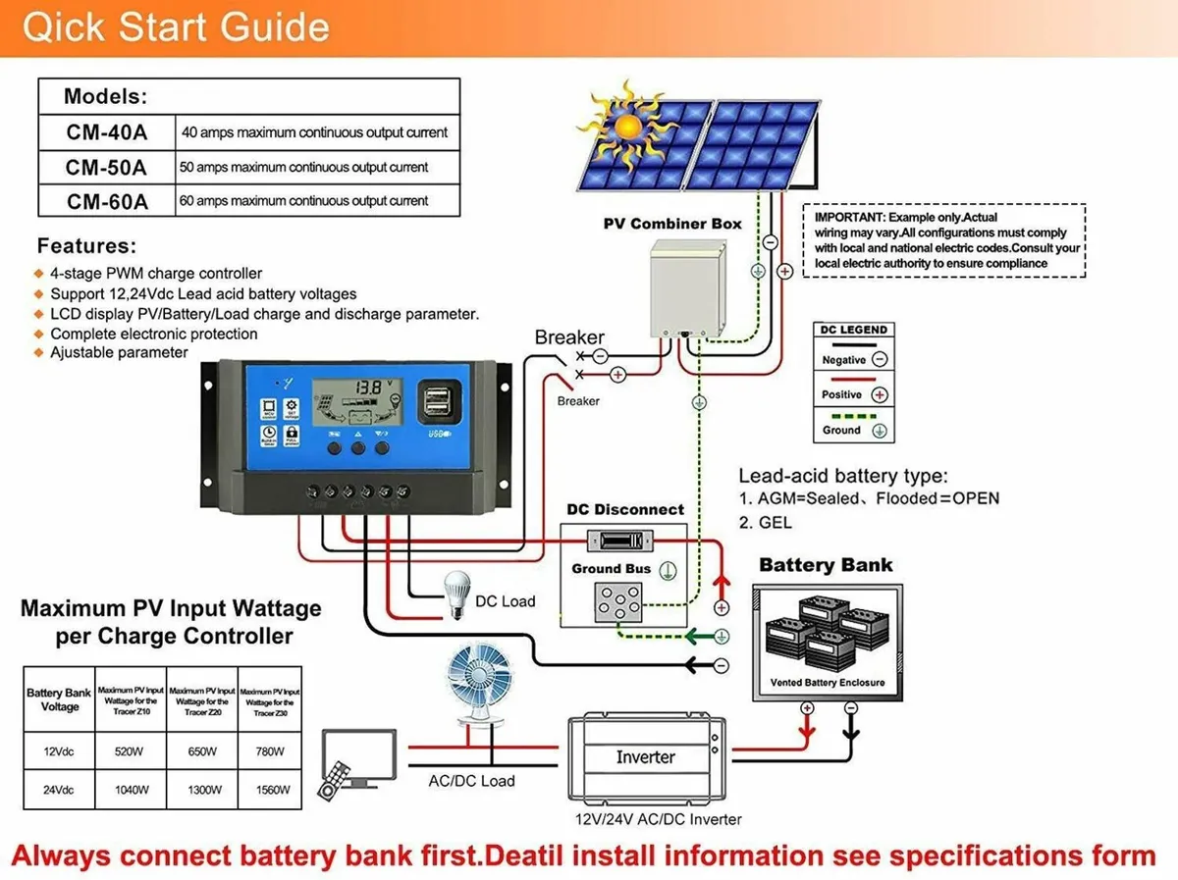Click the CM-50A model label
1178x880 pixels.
tap(106, 167)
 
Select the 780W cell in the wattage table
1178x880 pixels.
tap(270, 751)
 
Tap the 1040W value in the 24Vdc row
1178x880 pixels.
tap(131, 789)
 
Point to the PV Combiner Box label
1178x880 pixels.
tap(672, 224)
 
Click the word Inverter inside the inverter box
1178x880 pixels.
tap(645, 757)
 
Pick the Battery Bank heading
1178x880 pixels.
tap(826, 565)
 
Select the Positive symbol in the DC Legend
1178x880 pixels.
tap(880, 395)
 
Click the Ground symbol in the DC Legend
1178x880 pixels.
tap(880, 431)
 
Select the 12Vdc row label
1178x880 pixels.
tap(59, 751)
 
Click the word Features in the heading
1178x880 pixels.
tap(86, 246)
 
